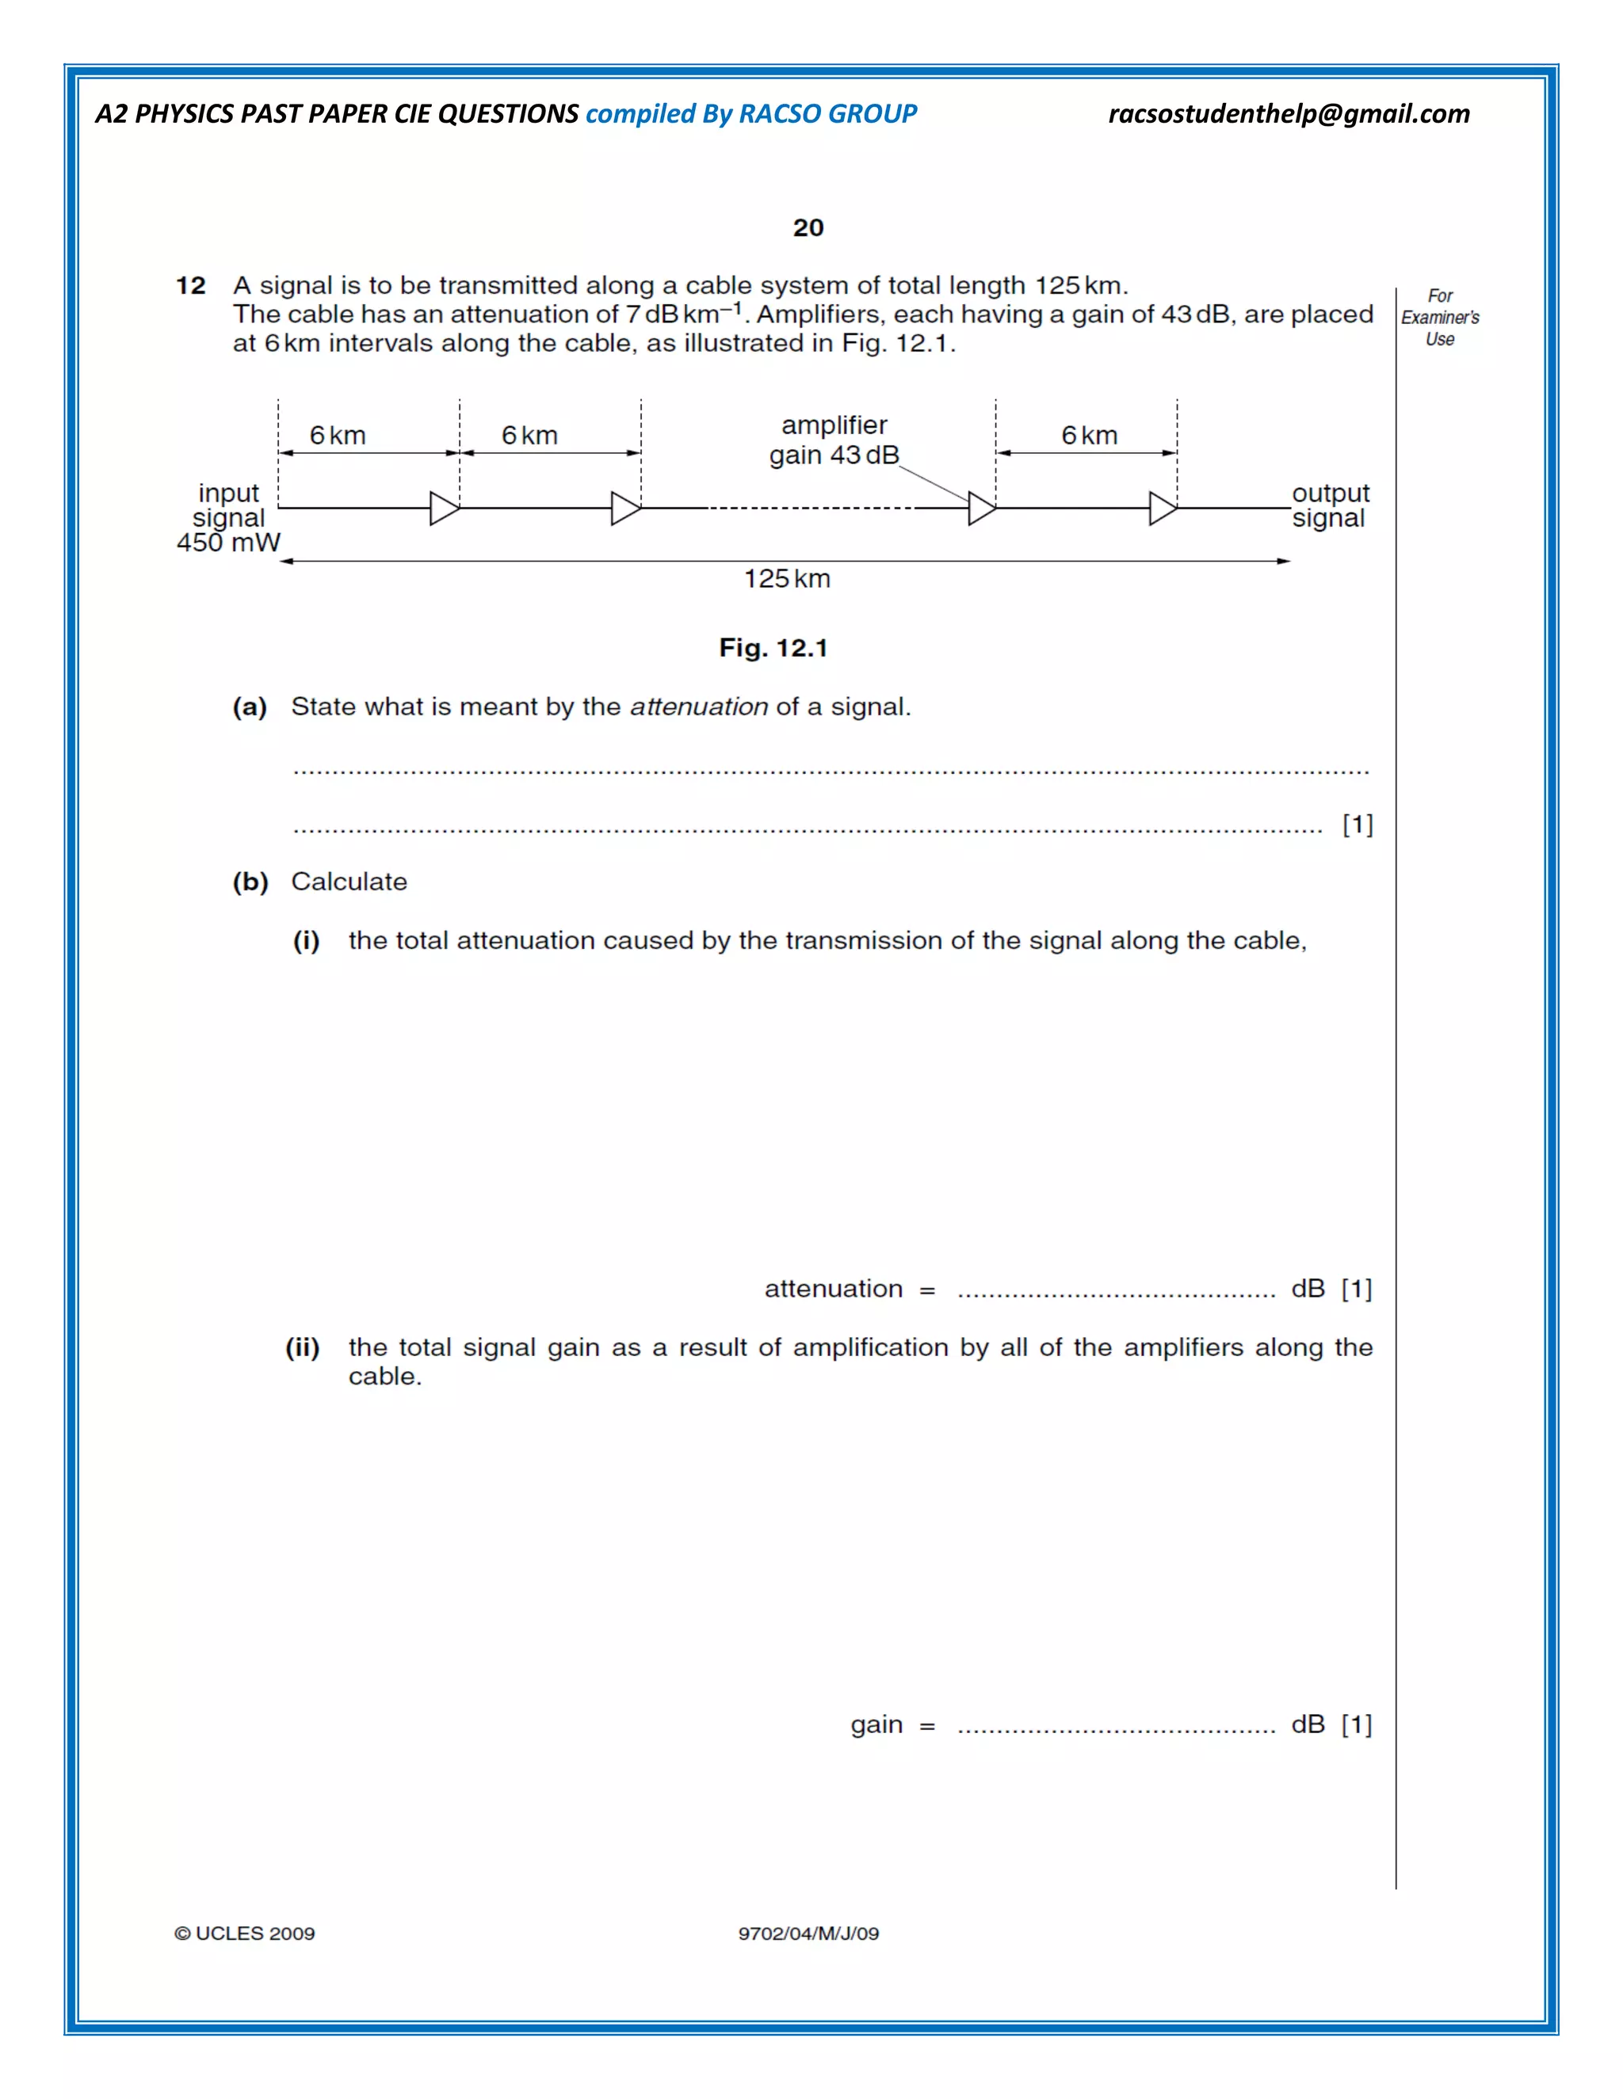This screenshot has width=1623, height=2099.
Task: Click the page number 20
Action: [808, 228]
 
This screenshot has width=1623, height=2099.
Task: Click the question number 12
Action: [190, 285]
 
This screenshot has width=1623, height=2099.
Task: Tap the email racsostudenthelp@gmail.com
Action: [1289, 113]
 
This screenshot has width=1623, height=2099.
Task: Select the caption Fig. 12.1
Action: [773, 648]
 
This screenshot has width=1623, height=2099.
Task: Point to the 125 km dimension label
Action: [786, 578]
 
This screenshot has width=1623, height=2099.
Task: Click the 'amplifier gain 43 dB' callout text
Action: [834, 440]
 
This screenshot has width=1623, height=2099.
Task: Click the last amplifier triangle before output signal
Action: [1163, 509]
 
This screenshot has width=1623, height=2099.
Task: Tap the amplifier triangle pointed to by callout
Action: [982, 509]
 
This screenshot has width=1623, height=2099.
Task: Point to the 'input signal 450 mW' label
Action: [229, 518]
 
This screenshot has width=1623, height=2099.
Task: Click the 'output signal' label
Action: [1330, 505]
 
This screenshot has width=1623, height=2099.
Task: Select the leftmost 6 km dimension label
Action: [338, 436]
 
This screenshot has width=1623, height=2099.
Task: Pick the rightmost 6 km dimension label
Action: [1090, 436]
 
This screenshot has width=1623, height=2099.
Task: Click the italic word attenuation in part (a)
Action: [699, 707]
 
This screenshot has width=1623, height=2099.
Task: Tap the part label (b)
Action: [250, 882]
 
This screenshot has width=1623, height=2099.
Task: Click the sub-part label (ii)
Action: [303, 1347]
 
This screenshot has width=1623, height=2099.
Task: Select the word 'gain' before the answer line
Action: [876, 1724]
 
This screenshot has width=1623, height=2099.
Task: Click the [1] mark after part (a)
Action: [1357, 825]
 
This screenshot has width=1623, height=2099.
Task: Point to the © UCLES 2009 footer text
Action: [244, 1933]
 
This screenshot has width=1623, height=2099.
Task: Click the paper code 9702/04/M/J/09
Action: [808, 1933]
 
